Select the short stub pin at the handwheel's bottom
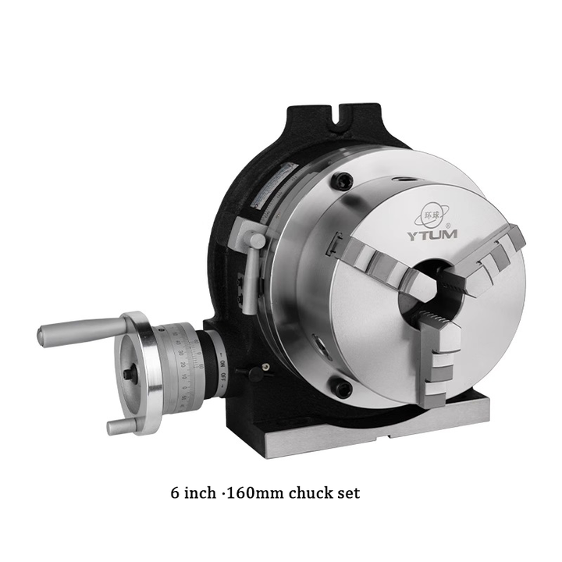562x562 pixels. (x=118, y=426)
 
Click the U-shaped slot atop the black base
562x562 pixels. (x=338, y=124)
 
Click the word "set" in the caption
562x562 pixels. (x=348, y=493)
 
